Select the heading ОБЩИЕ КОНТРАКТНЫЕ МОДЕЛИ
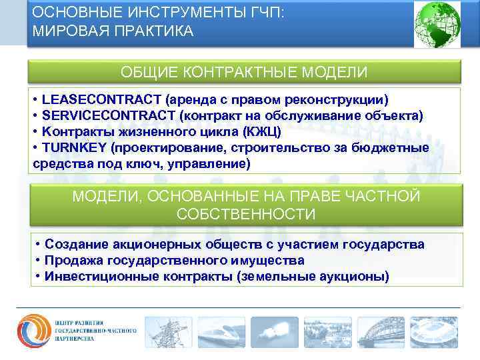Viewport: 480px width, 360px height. coord(243,71)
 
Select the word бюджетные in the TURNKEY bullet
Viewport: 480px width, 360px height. coord(397,147)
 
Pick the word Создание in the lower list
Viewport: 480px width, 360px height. coord(74,245)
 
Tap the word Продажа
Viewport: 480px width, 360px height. coord(73,260)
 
